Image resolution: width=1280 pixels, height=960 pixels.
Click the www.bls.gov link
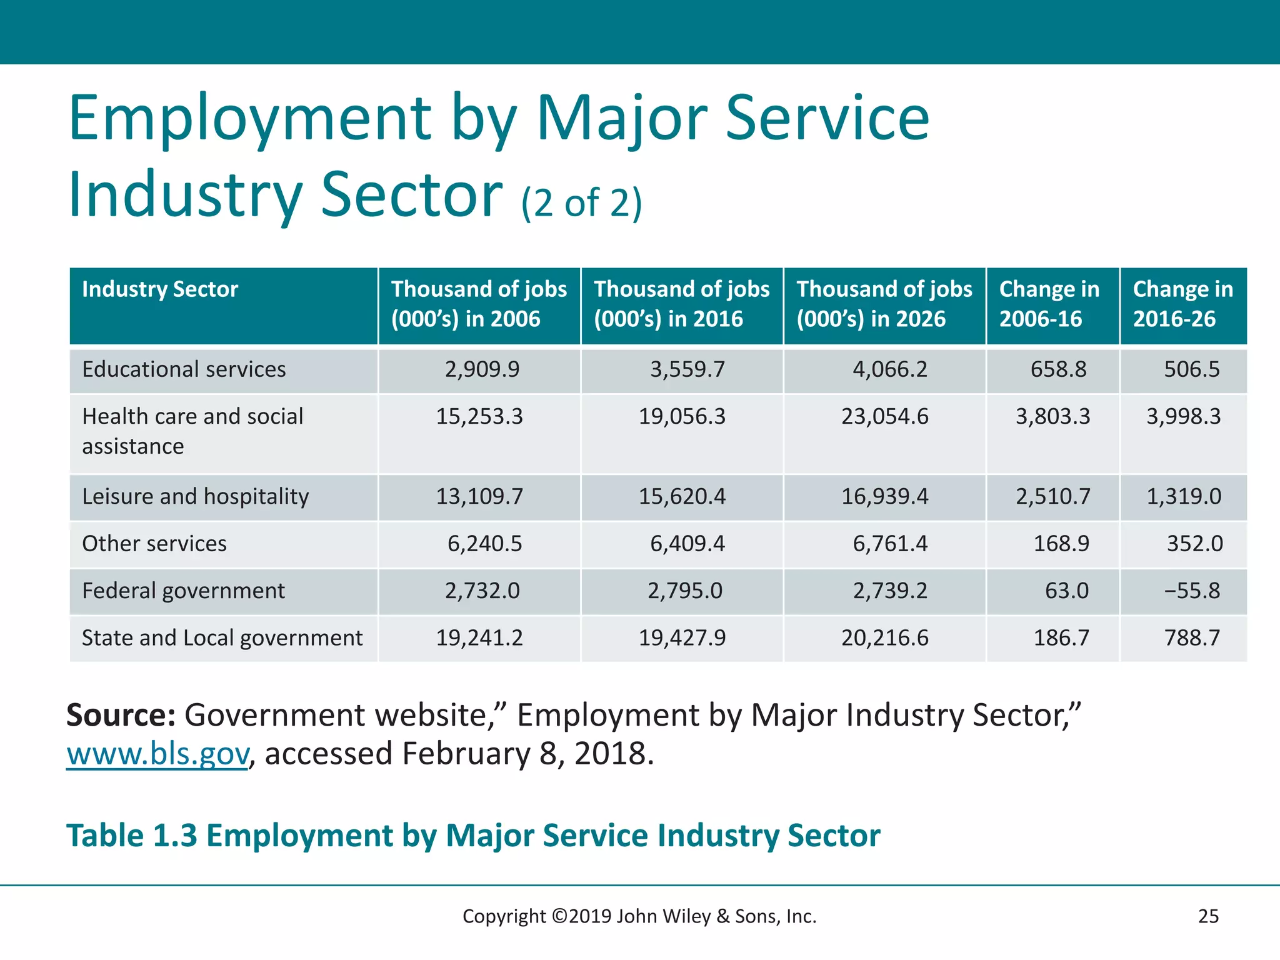[157, 754]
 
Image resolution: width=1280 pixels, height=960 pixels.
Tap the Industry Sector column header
[160, 289]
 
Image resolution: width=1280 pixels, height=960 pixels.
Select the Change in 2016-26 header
[1182, 304]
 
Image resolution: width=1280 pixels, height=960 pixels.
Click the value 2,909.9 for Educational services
[482, 369]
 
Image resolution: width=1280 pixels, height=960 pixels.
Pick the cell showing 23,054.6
[884, 416]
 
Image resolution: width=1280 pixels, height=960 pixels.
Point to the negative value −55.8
[1191, 591]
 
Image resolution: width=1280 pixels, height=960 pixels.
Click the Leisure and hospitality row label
[196, 496]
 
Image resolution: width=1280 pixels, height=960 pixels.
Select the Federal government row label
[183, 591]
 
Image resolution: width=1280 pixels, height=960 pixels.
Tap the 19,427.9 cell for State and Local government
[682, 638]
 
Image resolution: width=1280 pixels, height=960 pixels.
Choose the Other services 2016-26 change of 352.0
[1194, 544]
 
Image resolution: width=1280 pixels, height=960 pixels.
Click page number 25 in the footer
[1208, 916]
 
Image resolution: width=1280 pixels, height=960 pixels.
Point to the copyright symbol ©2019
[560, 916]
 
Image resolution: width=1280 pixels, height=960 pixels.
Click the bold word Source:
[121, 715]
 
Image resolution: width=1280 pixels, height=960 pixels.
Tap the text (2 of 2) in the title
[581, 203]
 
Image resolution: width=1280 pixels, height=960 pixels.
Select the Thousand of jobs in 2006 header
[479, 304]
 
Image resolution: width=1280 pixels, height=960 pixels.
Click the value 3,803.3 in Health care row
[1052, 416]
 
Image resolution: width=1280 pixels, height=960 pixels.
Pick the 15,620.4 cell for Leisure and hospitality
[682, 496]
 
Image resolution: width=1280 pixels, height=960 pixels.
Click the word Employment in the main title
[250, 118]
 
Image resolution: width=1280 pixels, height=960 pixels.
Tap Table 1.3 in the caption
[131, 836]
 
